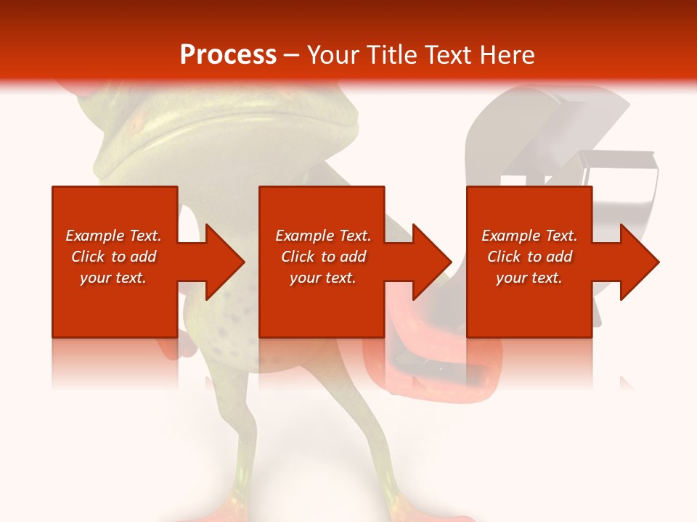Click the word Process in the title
228,55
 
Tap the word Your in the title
335,55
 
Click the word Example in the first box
95,236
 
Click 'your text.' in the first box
113,278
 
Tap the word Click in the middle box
297,257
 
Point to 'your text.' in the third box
529,278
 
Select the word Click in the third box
503,257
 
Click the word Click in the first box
87,257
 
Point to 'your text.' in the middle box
322,278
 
